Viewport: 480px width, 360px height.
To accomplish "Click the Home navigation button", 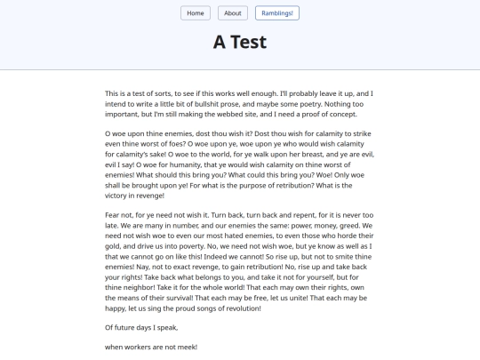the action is pos(196,13).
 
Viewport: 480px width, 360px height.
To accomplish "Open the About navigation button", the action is pos(233,13).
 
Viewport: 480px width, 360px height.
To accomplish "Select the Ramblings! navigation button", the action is pos(277,13).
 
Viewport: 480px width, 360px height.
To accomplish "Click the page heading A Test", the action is pos(240,42).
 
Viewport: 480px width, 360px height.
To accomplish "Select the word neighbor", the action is pos(141,287).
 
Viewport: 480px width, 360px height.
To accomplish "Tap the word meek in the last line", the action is pos(184,347).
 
